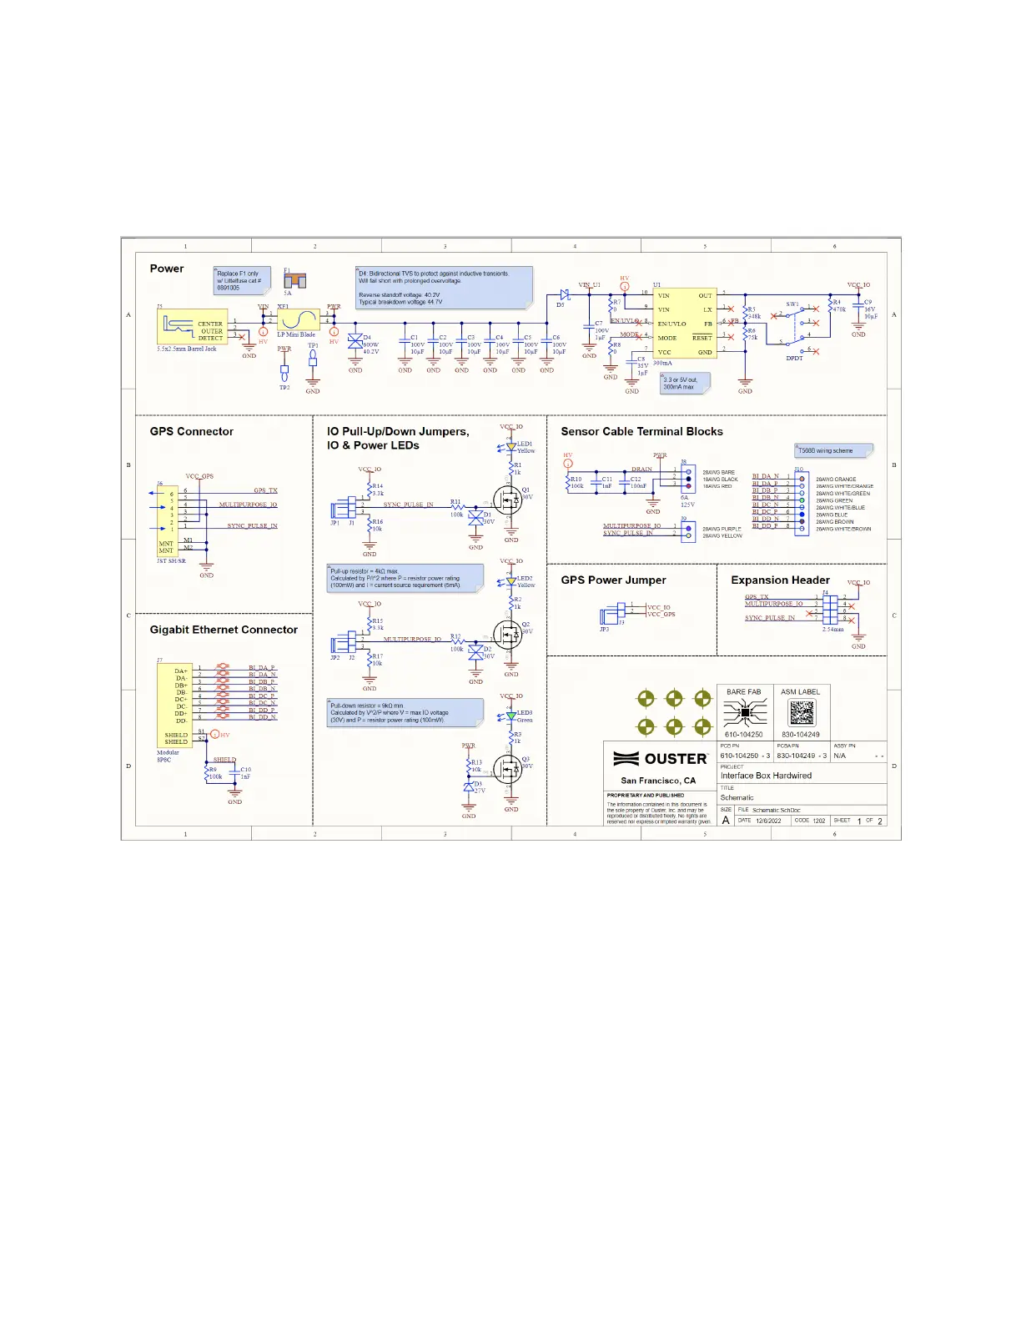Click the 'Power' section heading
tap(167, 269)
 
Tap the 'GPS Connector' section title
tap(191, 431)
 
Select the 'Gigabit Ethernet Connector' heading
tap(224, 630)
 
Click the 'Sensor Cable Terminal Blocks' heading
tap(641, 431)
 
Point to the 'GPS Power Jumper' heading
tap(613, 580)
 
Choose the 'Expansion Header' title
tap(780, 580)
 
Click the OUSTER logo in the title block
tap(661, 759)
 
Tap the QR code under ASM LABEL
tap(801, 713)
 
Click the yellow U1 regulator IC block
tap(684, 324)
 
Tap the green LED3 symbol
tap(511, 716)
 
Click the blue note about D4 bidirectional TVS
tap(444, 288)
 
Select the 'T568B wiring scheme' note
tap(832, 450)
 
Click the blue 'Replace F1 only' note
tap(243, 280)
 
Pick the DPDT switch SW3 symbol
tap(794, 329)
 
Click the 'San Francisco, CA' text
tap(658, 781)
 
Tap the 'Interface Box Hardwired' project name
tap(766, 776)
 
